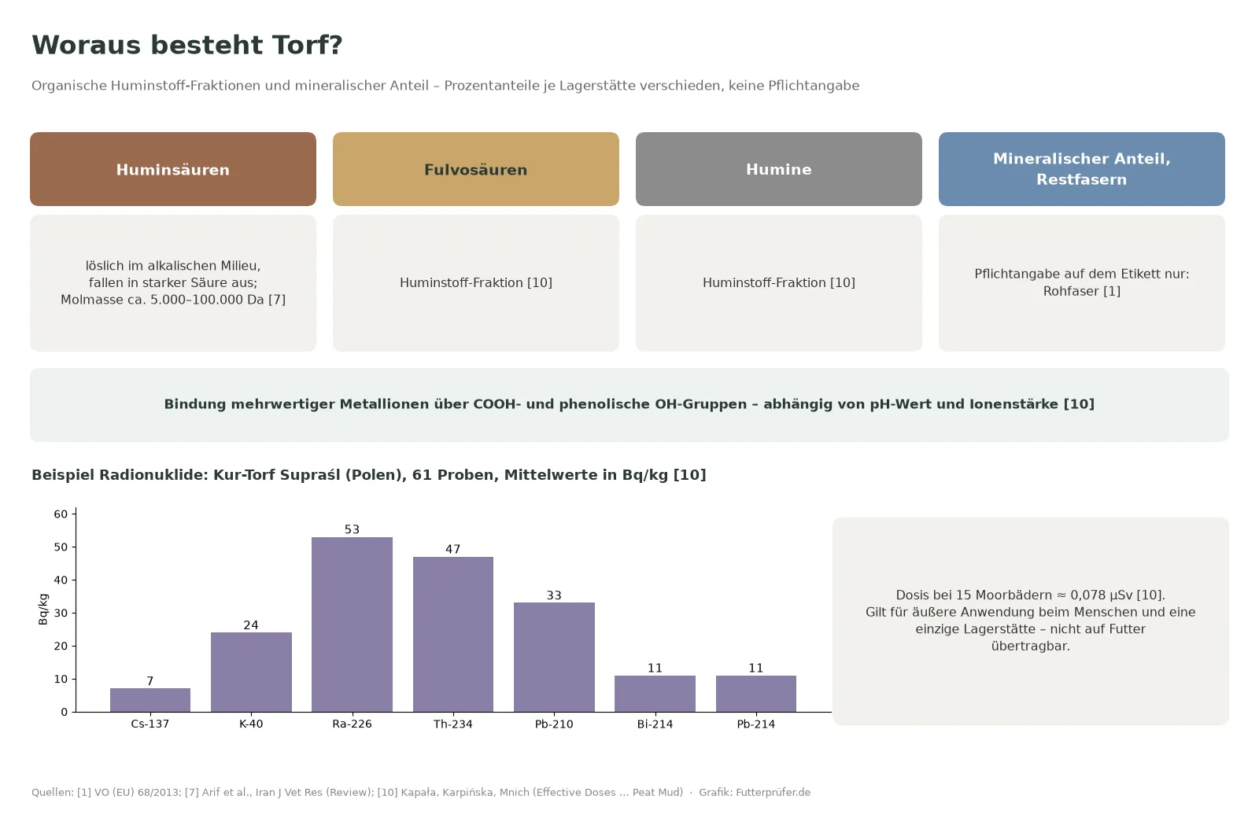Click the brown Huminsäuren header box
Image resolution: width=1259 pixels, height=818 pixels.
(173, 169)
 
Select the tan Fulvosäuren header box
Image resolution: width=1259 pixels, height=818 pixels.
(476, 169)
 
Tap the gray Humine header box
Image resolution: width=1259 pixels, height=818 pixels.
(779, 169)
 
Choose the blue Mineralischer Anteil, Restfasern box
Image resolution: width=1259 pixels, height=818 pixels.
(1082, 169)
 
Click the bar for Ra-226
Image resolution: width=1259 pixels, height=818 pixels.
(352, 625)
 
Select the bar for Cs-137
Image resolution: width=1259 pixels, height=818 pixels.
(150, 700)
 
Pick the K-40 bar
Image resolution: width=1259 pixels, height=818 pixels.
(251, 672)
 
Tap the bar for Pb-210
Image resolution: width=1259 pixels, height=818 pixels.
(554, 658)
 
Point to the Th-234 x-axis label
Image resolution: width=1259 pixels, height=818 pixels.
(453, 724)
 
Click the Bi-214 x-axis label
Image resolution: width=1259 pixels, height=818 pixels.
(655, 724)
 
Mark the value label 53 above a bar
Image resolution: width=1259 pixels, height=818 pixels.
(352, 529)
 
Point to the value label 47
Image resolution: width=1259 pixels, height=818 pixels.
(453, 549)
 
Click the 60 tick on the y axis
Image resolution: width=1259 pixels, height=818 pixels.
(61, 514)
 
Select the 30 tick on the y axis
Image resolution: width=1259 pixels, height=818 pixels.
(61, 613)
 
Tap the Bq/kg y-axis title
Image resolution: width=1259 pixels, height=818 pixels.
(42, 610)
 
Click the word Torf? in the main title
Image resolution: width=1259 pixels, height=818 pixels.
(308, 45)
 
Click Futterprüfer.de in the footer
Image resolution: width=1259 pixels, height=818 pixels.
(773, 792)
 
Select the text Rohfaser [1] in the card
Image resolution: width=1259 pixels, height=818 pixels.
(1082, 291)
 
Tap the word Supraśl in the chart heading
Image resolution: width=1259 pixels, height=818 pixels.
(310, 475)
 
